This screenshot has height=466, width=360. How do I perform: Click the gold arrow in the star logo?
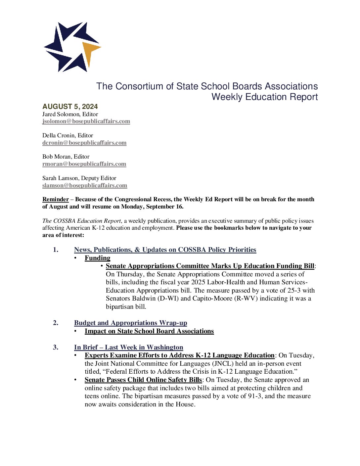(90, 50)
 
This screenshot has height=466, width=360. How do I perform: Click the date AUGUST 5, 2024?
(70, 107)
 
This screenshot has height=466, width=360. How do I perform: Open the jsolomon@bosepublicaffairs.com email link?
(86, 121)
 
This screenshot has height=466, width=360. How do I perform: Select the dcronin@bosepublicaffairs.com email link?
(84, 143)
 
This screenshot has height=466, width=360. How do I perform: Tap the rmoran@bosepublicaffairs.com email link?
(84, 164)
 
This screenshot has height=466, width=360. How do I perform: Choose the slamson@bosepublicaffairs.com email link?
(85, 186)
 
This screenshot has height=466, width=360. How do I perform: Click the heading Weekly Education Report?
(265, 97)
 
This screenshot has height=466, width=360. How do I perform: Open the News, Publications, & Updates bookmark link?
(165, 250)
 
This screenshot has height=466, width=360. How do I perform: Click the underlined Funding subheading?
(97, 258)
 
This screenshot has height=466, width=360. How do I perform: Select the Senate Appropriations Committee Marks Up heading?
(210, 266)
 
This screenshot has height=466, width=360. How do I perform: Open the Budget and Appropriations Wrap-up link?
(130, 323)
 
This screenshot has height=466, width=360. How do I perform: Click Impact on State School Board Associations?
(149, 331)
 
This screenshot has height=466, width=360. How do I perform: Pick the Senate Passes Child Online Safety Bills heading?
(143, 380)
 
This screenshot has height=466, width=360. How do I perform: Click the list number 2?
(56, 323)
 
